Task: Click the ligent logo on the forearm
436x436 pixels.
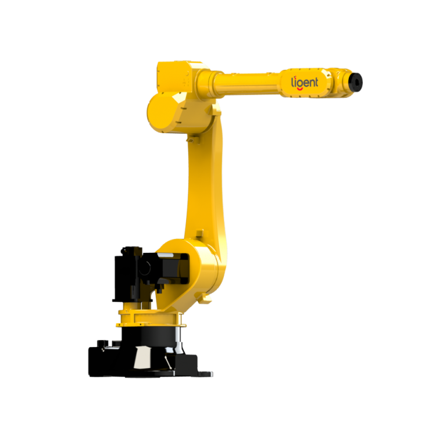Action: (305, 83)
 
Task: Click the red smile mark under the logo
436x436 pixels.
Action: (300, 89)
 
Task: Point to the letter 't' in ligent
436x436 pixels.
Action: (316, 82)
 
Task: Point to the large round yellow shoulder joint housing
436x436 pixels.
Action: (192, 267)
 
